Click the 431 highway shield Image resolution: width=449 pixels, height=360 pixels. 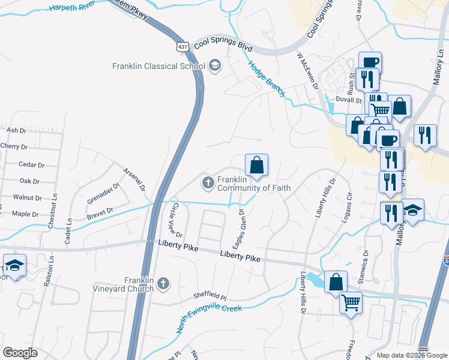pyautogui.click(x=184, y=46)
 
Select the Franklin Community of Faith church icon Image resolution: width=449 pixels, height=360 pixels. pyautogui.click(x=208, y=182)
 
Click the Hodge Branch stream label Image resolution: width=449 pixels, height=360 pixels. pyautogui.click(x=267, y=77)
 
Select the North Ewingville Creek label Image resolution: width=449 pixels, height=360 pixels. pyautogui.click(x=209, y=319)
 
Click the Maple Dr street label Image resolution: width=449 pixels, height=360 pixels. pyautogui.click(x=25, y=214)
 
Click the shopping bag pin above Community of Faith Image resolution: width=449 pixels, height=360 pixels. pyautogui.click(x=256, y=164)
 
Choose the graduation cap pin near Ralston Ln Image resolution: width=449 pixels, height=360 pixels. pyautogui.click(x=14, y=265)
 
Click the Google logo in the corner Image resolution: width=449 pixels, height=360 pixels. pyautogui.click(x=20, y=353)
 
